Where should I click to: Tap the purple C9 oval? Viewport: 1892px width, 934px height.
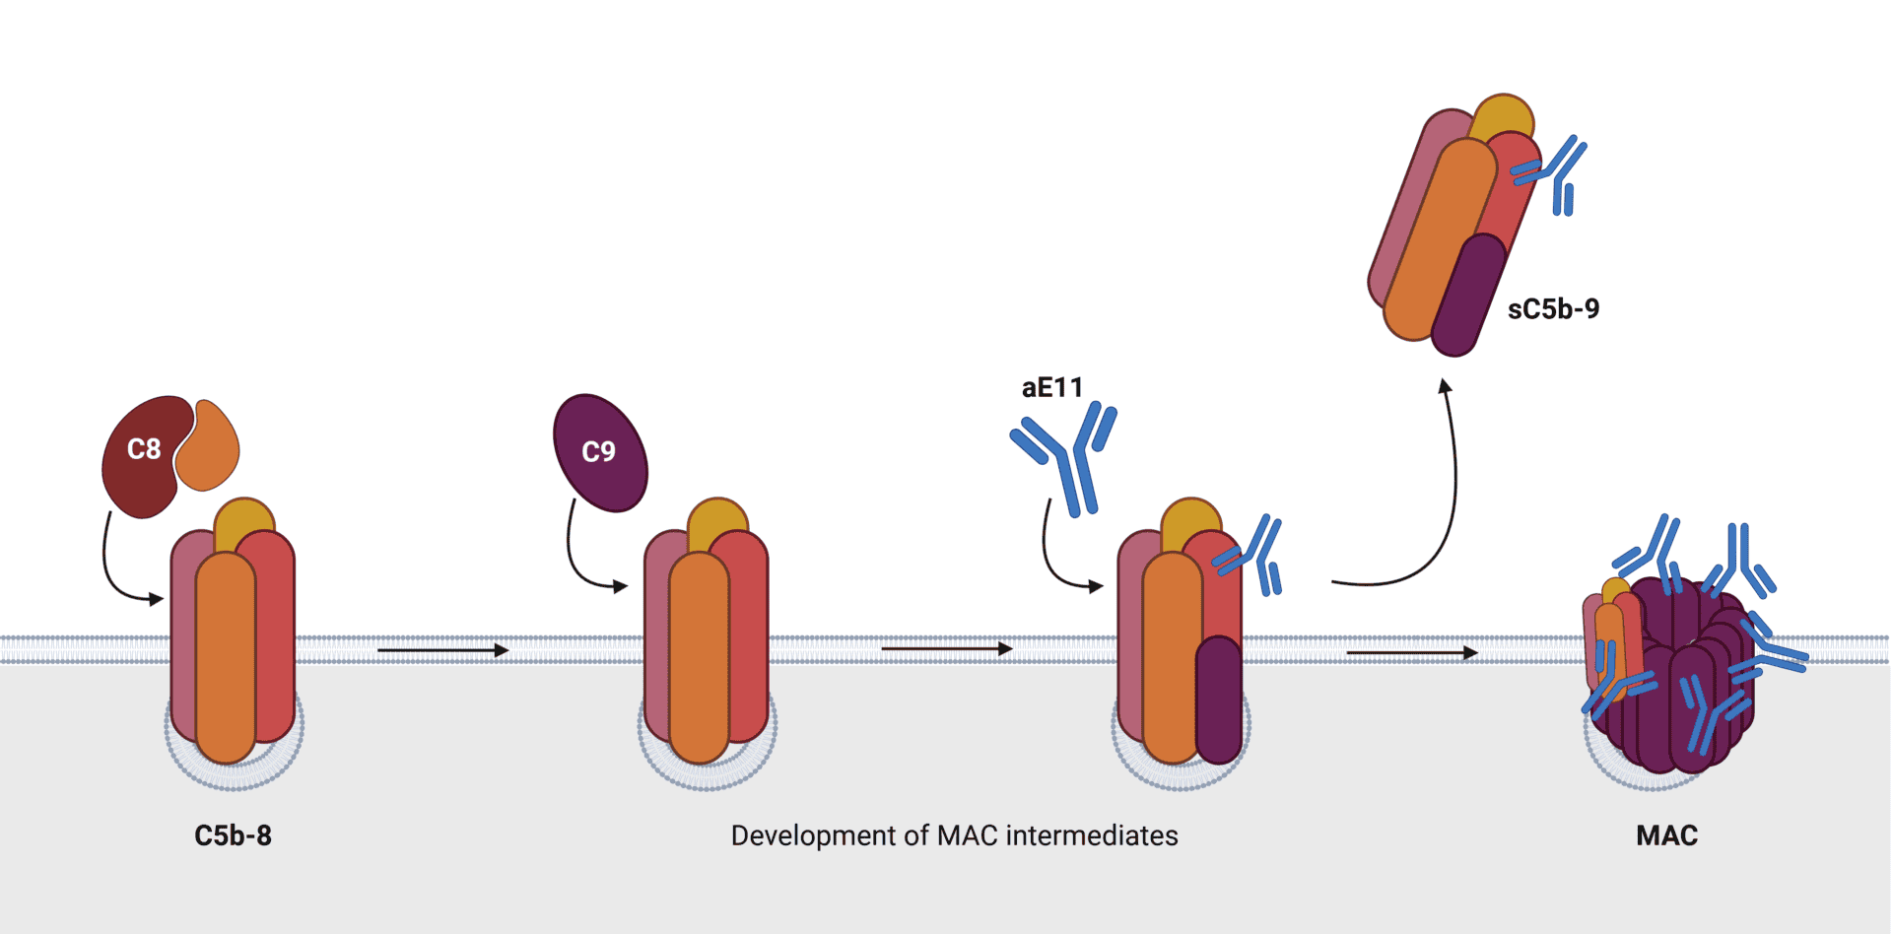click(x=600, y=453)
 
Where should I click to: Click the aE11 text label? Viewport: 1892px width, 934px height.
click(x=1051, y=388)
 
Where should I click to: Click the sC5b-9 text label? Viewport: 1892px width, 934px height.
click(x=1553, y=309)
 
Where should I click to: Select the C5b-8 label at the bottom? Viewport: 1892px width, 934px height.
click(x=233, y=835)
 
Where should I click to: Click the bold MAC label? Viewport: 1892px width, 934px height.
click(x=1666, y=835)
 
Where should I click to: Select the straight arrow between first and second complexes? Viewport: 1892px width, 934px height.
click(x=442, y=650)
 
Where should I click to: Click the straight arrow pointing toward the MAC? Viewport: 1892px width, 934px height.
click(x=1411, y=652)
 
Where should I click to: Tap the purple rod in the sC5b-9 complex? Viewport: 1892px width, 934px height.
click(x=1468, y=296)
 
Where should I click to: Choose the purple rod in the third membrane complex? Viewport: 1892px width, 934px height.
click(x=1219, y=700)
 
